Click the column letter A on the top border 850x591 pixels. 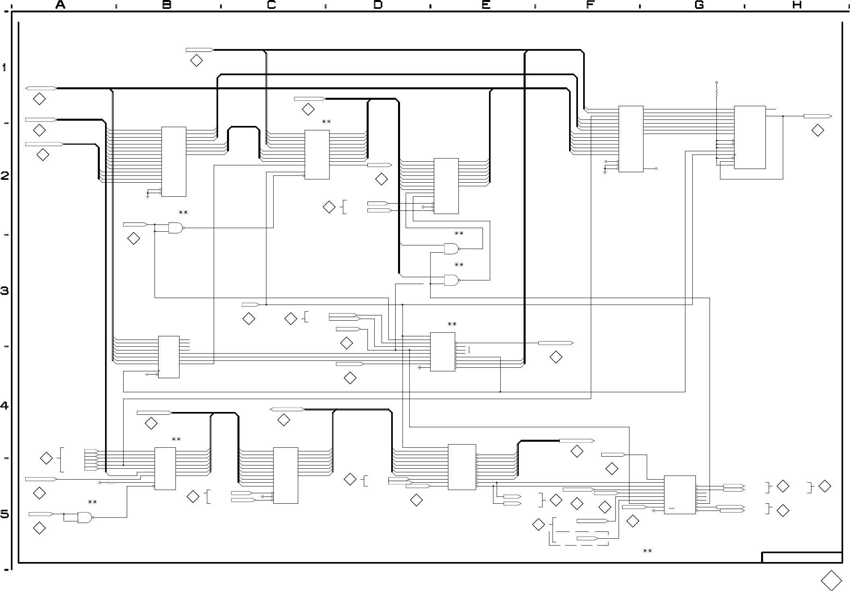click(x=60, y=5)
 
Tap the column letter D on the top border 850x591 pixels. click(x=378, y=5)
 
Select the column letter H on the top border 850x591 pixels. click(x=797, y=5)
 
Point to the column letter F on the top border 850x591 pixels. click(x=590, y=5)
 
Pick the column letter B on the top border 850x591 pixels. click(x=167, y=5)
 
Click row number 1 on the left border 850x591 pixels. click(x=4, y=68)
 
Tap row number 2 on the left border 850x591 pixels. click(x=5, y=176)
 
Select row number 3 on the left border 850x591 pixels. click(x=5, y=290)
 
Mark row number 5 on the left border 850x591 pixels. click(x=5, y=514)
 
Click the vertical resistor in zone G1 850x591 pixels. click(x=717, y=94)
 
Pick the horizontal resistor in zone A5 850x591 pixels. click(x=110, y=482)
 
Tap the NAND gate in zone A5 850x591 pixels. click(x=85, y=517)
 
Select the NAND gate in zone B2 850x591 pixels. click(x=176, y=228)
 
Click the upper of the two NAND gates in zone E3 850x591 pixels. click(x=452, y=249)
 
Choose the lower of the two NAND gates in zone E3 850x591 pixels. click(x=452, y=280)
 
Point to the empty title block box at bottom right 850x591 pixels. click(x=802, y=558)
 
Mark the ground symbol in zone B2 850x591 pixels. click(x=148, y=197)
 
